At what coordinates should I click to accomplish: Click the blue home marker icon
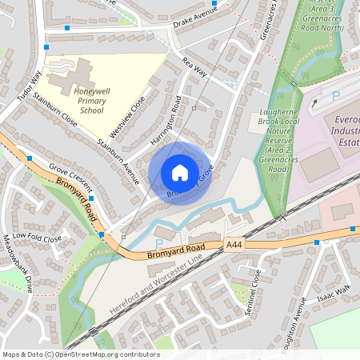pos(180,173)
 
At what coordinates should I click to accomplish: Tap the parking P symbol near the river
pos(159,242)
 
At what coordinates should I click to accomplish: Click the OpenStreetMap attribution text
pos(80,354)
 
